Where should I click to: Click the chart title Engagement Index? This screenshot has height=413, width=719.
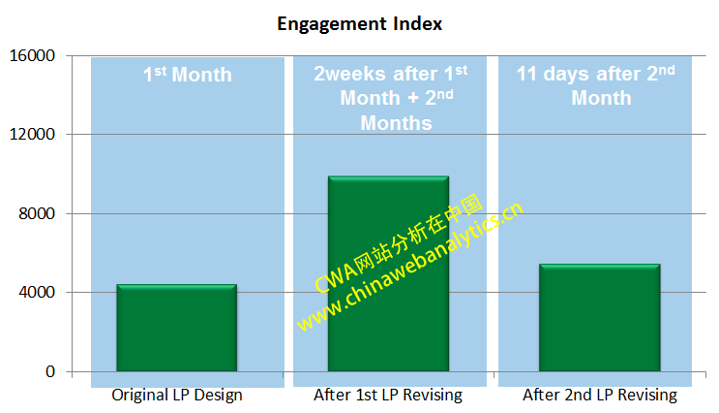tap(359, 23)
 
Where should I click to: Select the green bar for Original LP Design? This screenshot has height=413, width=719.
tap(176, 328)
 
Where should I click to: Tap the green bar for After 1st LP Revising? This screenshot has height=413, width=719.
tap(388, 273)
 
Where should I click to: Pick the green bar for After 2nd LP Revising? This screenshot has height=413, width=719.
tap(599, 317)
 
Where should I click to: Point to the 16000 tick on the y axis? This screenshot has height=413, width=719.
tap(33, 56)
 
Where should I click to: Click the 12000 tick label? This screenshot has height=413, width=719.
tap(33, 135)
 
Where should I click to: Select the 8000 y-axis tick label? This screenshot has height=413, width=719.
tap(37, 214)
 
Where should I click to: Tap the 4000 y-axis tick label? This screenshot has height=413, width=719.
tap(37, 293)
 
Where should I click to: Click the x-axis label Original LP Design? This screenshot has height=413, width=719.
tap(177, 396)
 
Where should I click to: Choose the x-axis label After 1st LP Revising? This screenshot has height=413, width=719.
tap(388, 396)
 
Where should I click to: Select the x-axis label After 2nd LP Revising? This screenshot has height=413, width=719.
tap(600, 396)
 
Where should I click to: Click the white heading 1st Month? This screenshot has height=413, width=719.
tap(187, 74)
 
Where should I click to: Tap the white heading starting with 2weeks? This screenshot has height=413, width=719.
tap(390, 97)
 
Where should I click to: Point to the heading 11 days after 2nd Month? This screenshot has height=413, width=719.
tap(595, 85)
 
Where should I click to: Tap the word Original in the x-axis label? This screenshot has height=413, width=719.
tap(137, 396)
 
